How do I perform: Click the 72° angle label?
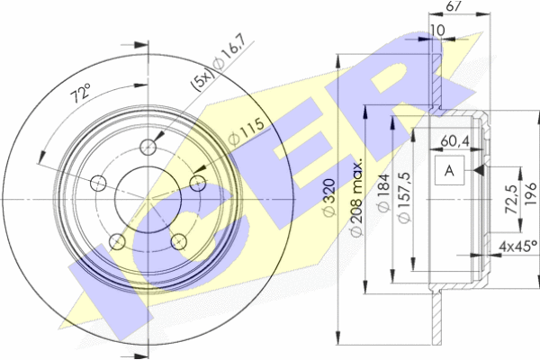[82, 93]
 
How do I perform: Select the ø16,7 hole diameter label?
[230, 63]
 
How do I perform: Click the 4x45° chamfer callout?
[515, 245]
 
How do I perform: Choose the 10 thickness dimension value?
[438, 31]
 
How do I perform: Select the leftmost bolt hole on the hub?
[98, 185]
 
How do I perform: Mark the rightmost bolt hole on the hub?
[197, 184]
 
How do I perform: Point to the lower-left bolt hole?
[116, 240]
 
